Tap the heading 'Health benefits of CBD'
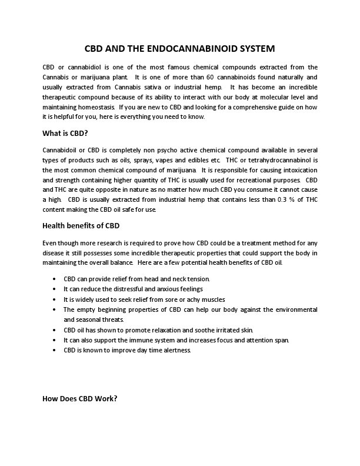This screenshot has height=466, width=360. pos(81,225)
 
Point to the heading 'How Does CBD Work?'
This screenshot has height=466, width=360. pos(80,398)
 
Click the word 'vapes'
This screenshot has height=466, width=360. pos(158,160)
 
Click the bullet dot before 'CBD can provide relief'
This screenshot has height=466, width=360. pos(55,278)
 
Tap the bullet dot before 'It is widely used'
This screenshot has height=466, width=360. pos(55,299)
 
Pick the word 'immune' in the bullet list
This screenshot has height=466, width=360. pos(138,340)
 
